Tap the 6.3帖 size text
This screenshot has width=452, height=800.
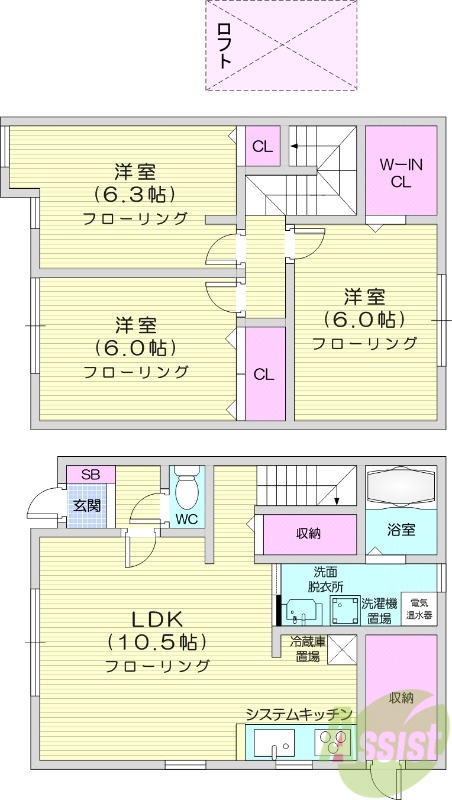pos(133,194)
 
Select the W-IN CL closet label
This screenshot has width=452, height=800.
pos(400,173)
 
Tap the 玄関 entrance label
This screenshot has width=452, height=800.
pos(86,505)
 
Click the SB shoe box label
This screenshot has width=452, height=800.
pos(90,474)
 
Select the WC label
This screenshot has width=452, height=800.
pos(187,519)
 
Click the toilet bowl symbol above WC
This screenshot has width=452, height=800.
pos(187,489)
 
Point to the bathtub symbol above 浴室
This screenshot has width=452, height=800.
pos(400,487)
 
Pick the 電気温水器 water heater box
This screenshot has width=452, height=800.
pos(420,609)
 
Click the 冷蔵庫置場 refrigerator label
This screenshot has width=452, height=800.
pos(305,650)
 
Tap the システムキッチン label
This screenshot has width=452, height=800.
pos(299,713)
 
